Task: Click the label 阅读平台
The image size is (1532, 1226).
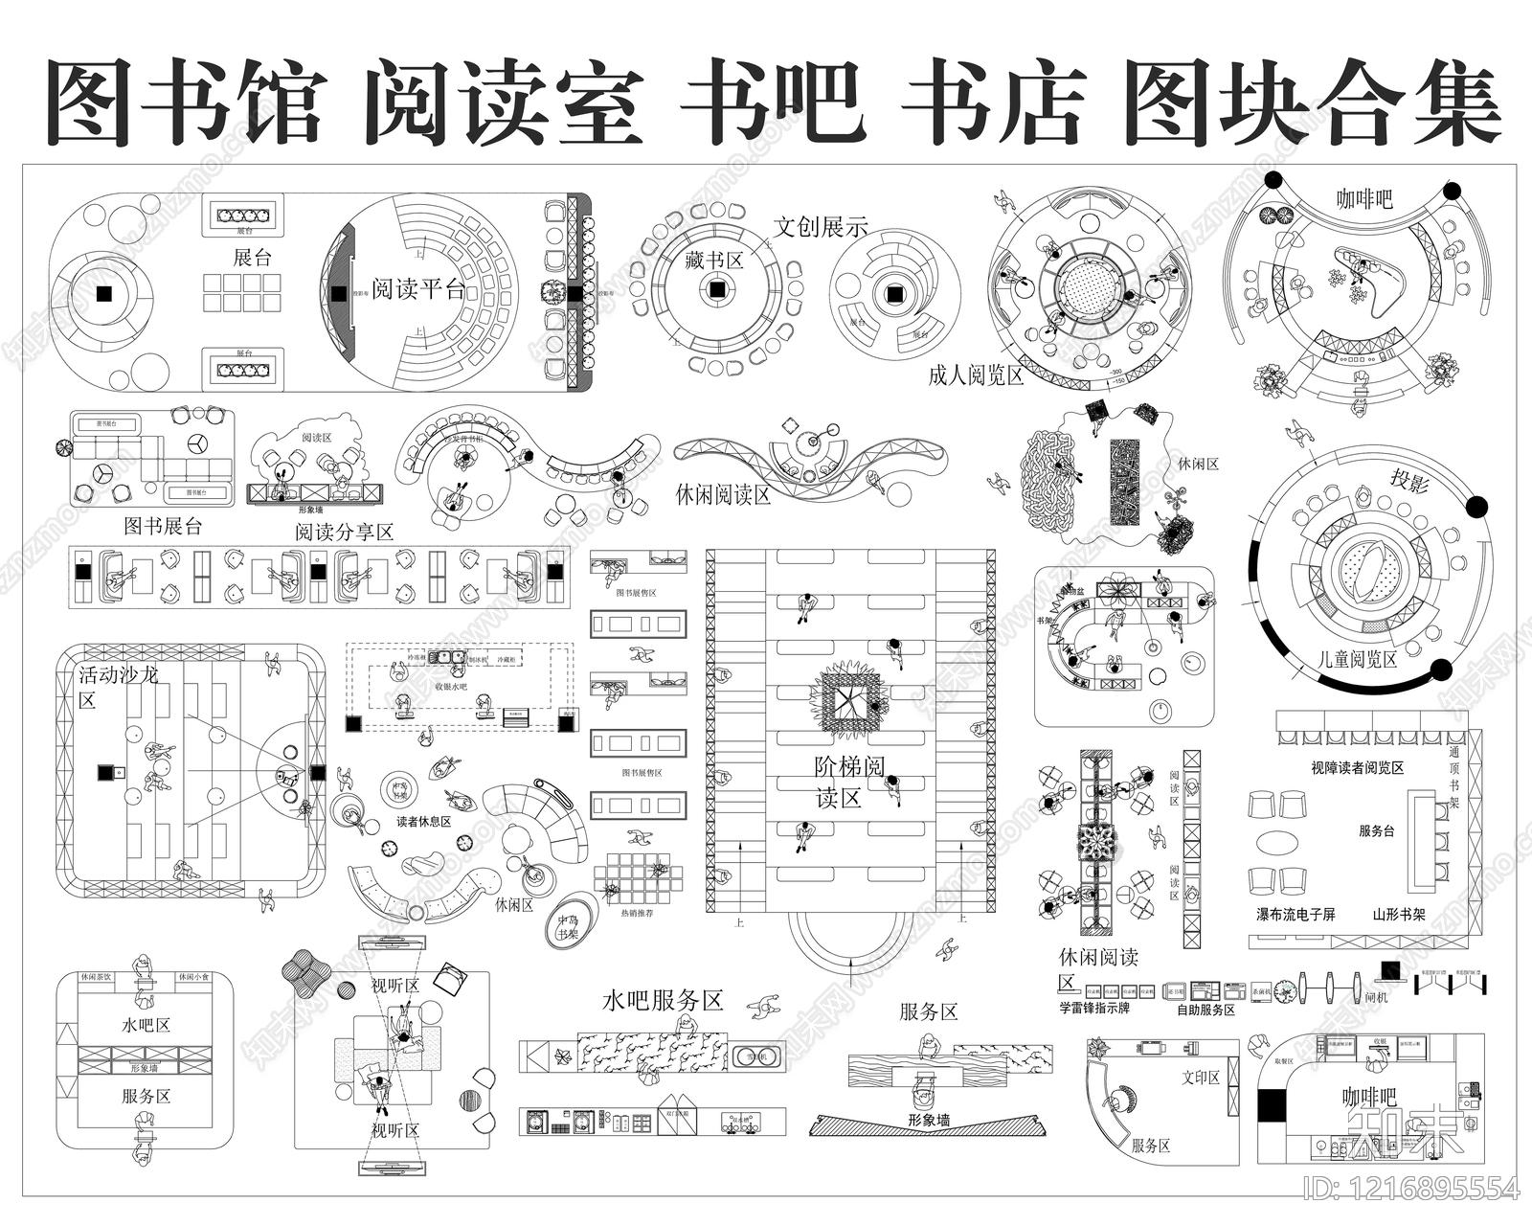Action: click(x=418, y=288)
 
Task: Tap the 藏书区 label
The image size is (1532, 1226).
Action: click(x=714, y=260)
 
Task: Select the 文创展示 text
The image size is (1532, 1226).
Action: click(x=821, y=227)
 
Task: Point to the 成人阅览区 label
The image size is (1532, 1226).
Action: click(x=976, y=375)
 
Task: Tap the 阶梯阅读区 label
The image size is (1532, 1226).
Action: click(x=849, y=782)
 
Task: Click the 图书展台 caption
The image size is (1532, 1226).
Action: click(x=163, y=526)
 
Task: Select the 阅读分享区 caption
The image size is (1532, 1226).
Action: click(x=345, y=532)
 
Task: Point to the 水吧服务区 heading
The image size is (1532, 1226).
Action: click(x=662, y=1001)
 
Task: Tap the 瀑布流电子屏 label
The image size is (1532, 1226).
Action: click(x=1295, y=915)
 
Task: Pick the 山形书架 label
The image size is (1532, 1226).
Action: click(x=1399, y=915)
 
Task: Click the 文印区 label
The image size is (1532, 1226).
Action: click(x=1201, y=1078)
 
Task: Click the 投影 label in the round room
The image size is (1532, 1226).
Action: click(x=1408, y=481)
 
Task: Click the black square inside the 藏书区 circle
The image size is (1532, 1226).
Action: click(x=715, y=288)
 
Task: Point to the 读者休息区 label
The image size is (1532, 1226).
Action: click(x=423, y=822)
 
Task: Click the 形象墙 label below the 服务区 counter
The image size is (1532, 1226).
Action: click(x=929, y=1120)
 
